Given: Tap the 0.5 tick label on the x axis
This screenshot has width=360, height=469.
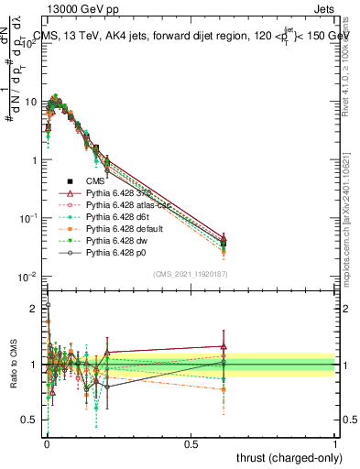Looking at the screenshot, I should click(191, 443).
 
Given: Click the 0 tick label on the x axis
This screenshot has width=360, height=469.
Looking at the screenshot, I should click(47, 443).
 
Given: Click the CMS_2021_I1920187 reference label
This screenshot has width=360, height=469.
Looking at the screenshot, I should click(190, 275).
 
